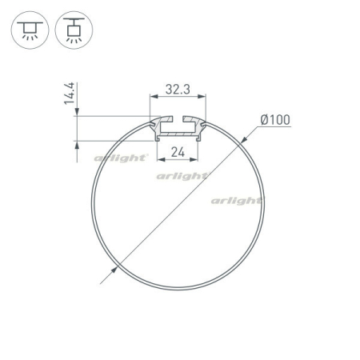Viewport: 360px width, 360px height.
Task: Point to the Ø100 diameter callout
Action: [x=274, y=121]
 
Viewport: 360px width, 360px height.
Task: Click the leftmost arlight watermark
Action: [x=121, y=158]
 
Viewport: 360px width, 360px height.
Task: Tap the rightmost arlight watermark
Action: [x=237, y=200]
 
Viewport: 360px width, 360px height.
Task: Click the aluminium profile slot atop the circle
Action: [x=178, y=126]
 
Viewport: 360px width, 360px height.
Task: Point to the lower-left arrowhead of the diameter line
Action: [x=102, y=281]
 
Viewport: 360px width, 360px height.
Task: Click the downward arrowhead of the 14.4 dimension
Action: [x=77, y=114]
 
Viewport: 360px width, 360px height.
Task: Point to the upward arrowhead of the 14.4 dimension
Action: [x=77, y=147]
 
